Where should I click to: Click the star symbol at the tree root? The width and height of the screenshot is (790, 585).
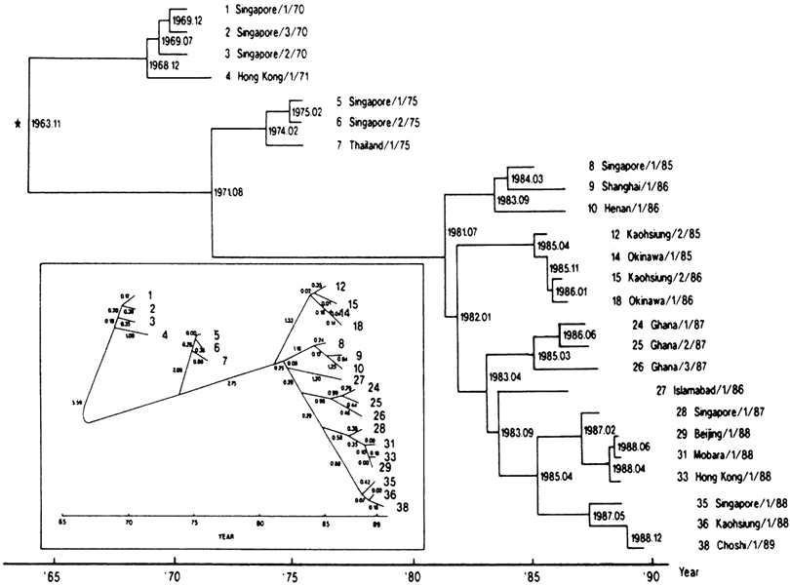pyautogui.click(x=17, y=124)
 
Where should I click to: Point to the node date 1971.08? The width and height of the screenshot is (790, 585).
pyautogui.click(x=230, y=191)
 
